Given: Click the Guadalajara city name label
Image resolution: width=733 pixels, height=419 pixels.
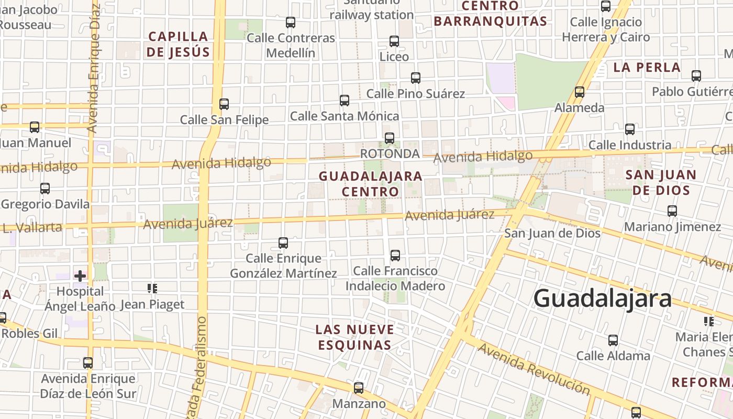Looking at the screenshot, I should coord(602,299).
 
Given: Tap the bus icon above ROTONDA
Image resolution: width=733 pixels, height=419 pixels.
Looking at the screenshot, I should coord(390,138).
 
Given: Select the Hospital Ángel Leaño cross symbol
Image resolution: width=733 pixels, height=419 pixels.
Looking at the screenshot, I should coord(80,275).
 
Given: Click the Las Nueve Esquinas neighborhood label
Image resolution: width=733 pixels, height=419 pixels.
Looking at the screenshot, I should coord(354,337).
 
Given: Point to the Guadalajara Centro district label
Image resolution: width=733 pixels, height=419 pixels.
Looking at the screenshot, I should coord(371,183).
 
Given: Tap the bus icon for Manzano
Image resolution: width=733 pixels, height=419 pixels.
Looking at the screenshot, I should coord(359,388).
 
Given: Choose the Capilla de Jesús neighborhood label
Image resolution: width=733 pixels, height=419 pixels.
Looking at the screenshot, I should coord(179,44).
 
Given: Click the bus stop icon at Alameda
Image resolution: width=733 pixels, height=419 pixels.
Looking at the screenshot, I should coord(580,92).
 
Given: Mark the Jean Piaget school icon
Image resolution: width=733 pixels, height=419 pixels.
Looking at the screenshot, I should coord(152,288).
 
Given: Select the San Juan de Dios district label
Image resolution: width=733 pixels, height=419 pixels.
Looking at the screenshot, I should coord(661,182).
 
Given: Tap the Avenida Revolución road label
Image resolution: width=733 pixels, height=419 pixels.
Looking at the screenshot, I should coord(534,369).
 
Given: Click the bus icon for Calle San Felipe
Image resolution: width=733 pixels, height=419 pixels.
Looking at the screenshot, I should coord(224,104).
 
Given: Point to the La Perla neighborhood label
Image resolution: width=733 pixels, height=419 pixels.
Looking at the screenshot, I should coord(647,67).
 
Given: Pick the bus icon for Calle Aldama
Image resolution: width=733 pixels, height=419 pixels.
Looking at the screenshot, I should coord(613,340).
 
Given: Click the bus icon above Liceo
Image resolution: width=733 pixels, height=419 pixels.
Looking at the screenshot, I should coord(394,41).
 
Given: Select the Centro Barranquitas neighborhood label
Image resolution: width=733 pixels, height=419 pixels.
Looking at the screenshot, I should coord(491,14).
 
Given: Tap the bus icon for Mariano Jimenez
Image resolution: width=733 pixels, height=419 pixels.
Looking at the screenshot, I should coord(672,211).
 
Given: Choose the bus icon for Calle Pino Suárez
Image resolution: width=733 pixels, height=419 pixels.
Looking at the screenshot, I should coord(416,78).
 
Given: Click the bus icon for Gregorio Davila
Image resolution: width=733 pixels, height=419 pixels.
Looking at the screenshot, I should coord(45,189).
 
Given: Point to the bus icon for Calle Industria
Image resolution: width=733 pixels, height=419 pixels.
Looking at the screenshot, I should coord(630,129).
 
